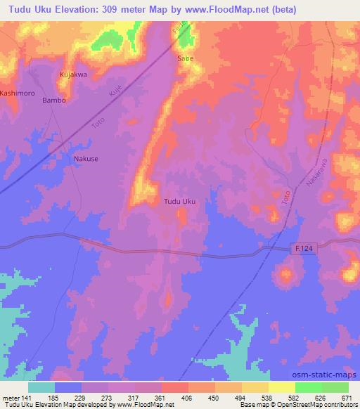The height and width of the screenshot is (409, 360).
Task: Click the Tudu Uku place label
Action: pyautogui.click(x=179, y=202)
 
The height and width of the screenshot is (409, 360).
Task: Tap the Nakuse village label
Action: pyautogui.click(x=86, y=159)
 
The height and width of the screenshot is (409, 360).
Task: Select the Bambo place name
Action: pyautogui.click(x=54, y=100)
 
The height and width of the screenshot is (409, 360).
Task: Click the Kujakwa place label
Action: pyautogui.click(x=73, y=74)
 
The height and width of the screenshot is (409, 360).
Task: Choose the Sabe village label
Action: pyautogui.click(x=185, y=58)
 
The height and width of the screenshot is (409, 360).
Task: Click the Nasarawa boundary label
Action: pyautogui.click(x=311, y=172)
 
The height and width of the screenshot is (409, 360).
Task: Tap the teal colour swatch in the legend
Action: pyautogui.click(x=41, y=387)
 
